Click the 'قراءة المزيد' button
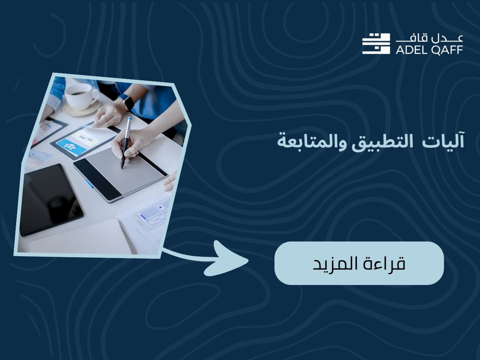pos(359,263)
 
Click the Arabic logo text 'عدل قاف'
pos(429,39)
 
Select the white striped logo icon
pos(376,44)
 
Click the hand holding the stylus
pos(131,143)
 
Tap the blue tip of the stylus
pos(130,118)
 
